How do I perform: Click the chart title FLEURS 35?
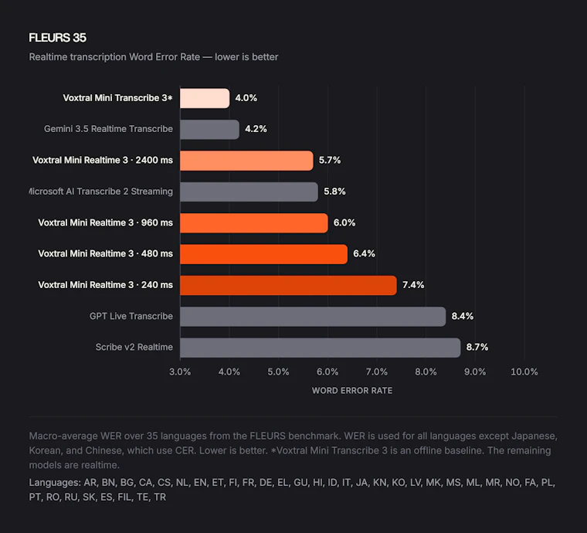(58, 38)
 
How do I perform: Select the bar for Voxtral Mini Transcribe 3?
(205, 98)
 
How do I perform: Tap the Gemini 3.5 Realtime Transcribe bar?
(209, 130)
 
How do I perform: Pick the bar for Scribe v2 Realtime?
(320, 348)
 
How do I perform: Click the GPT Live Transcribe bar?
(313, 317)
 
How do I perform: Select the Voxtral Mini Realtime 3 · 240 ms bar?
(288, 285)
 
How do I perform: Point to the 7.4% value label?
(413, 285)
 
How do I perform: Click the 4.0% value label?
(246, 98)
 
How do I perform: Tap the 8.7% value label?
(477, 348)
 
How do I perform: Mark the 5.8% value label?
(334, 192)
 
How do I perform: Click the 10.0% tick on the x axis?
(524, 372)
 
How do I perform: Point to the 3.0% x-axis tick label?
(180, 372)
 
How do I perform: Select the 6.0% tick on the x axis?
(327, 372)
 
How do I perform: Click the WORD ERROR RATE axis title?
(352, 391)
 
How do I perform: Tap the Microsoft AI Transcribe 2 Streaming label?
(101, 192)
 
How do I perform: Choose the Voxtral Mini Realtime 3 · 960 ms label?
(106, 222)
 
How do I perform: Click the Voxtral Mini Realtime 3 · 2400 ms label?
(103, 160)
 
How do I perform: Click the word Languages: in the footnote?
(55, 483)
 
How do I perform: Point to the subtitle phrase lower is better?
(246, 57)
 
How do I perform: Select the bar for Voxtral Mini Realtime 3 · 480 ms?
(263, 254)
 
